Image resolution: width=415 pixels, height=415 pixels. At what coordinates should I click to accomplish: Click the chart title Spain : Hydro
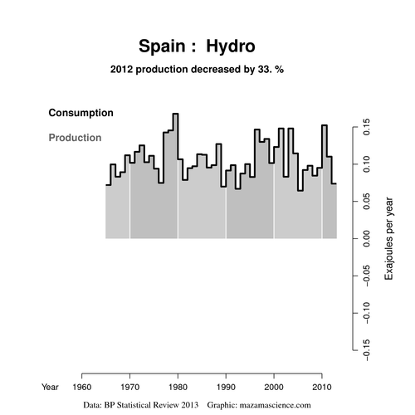point(197,46)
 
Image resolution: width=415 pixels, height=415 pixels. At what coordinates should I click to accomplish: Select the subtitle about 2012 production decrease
point(197,69)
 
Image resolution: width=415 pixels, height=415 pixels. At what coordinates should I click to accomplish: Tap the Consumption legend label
point(81,113)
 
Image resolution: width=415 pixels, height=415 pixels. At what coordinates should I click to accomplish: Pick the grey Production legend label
point(75,138)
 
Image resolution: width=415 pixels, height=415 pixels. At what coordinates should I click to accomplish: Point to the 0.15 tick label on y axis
point(366,127)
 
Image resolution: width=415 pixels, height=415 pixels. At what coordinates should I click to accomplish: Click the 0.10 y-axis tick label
point(366,164)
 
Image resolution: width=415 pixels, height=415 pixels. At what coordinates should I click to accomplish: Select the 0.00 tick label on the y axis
point(366,238)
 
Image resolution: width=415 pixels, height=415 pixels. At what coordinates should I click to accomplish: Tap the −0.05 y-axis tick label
point(366,276)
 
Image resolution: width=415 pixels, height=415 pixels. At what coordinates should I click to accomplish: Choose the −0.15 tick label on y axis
point(366,350)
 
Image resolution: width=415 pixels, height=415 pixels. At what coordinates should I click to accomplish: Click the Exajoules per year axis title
point(388,238)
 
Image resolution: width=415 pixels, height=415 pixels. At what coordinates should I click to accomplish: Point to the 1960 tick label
point(82,387)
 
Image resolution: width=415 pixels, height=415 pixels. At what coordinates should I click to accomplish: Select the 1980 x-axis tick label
point(178,387)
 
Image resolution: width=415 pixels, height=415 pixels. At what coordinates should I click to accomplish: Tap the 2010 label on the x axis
point(322,387)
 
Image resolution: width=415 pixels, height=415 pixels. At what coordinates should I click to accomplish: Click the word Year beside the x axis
point(50,387)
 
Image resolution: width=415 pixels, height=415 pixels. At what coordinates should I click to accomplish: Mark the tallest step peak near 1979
point(175,114)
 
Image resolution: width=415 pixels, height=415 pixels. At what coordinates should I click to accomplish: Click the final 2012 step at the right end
point(334,183)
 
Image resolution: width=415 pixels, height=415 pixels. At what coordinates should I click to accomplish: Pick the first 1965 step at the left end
point(108,185)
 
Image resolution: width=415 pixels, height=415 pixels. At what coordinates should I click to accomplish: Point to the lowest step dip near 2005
point(300,191)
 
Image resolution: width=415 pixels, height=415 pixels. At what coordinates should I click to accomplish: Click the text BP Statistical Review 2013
point(151,405)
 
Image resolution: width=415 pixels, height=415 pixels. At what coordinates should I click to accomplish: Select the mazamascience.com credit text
point(275,405)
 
